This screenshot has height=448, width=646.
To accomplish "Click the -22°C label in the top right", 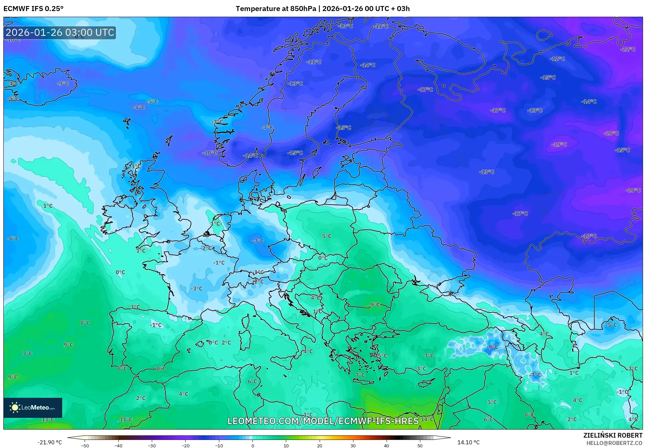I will tap(628, 50).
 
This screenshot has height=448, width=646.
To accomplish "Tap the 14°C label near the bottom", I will tap(427, 419).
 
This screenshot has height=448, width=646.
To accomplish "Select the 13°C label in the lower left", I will tap(47, 419).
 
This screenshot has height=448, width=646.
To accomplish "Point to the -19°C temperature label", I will tap(559, 145).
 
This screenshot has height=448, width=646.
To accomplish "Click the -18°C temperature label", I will tap(589, 236).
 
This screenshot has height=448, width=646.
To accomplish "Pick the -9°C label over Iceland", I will tap(63, 83).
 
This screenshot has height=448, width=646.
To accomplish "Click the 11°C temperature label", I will tap(126, 419).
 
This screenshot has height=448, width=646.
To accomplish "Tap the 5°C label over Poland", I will tap(327, 236).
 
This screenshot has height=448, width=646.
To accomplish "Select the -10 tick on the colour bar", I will tap(219, 446).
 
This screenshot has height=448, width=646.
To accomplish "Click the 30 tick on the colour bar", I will tap(353, 446).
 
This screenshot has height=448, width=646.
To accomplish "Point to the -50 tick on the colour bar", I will tap(85, 446).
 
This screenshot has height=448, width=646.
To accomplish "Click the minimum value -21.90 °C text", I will tap(49, 442).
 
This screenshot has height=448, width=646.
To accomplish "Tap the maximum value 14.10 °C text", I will tap(468, 442).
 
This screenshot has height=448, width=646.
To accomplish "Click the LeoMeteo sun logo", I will tap(15, 407).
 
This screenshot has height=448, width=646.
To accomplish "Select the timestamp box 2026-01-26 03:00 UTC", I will tap(60, 32).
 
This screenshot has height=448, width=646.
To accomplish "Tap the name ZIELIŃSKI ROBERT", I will tap(613, 435).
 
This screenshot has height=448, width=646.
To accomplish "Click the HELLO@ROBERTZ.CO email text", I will tap(614, 443).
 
